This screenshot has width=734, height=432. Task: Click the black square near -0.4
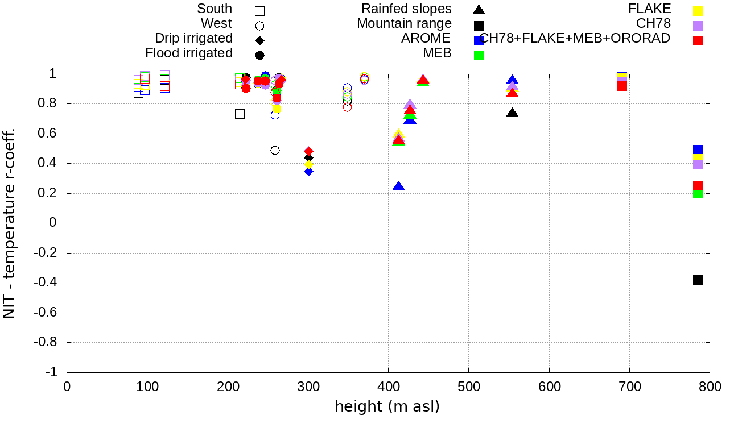[698, 280]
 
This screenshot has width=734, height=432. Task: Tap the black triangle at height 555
[513, 113]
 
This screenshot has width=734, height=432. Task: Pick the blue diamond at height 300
[308, 171]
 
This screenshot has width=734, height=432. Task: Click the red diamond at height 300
[308, 151]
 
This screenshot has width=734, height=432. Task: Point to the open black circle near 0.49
[275, 150]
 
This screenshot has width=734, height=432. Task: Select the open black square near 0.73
[240, 114]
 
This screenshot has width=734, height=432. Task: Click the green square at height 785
[698, 194]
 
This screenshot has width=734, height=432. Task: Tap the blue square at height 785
[698, 150]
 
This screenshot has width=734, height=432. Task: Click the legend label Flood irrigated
[189, 53]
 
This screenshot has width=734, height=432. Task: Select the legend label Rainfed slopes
[407, 9]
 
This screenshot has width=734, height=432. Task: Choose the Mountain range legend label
[404, 24]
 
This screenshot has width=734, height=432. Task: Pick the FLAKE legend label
[650, 9]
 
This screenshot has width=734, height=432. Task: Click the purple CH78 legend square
[698, 26]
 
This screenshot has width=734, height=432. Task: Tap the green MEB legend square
[479, 55]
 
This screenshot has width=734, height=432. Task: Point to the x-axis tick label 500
[469, 387]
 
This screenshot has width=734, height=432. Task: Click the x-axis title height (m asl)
[387, 407]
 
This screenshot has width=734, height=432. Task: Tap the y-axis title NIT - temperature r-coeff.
[10, 223]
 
